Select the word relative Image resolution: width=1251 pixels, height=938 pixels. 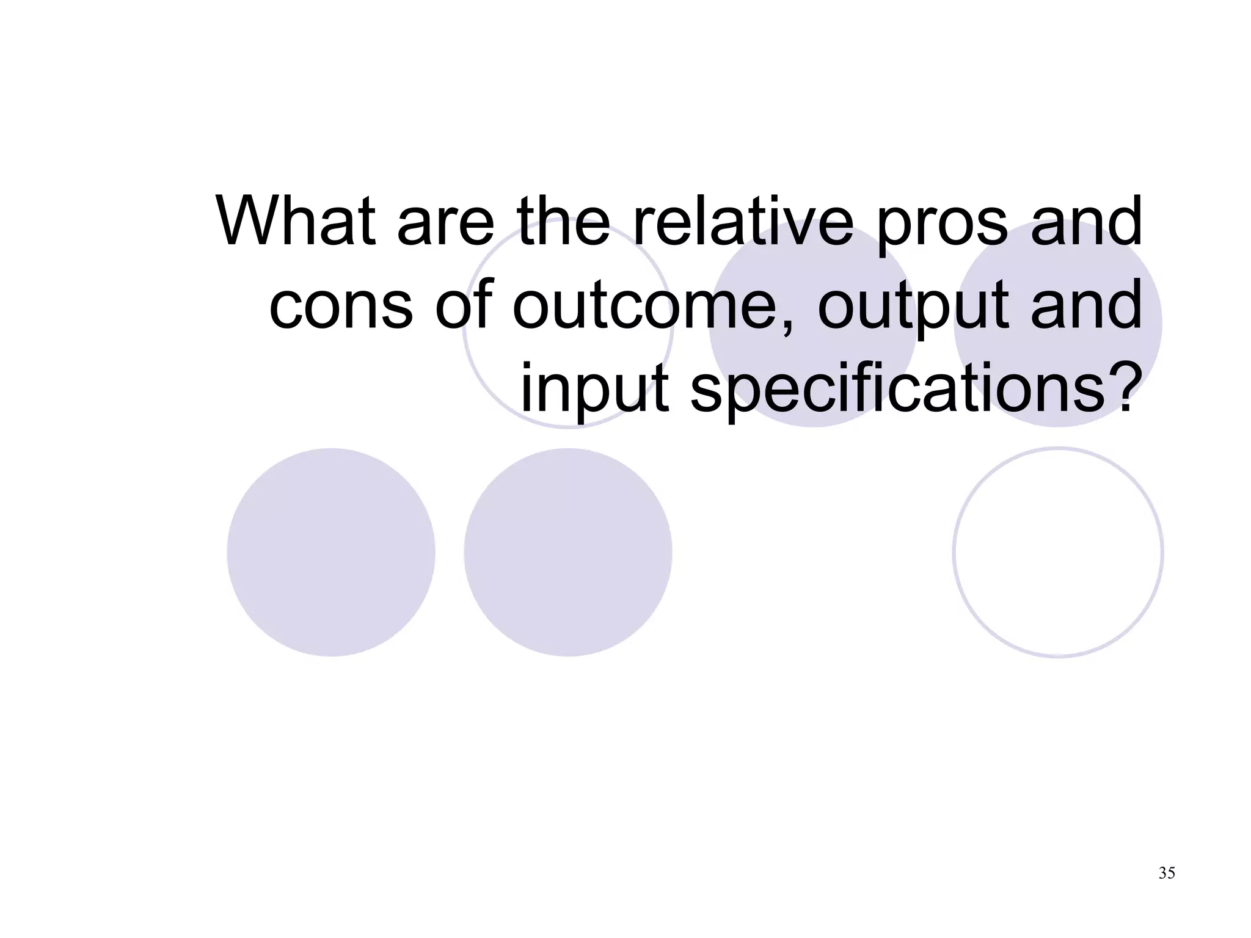point(743,221)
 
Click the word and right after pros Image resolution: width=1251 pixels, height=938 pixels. point(1086,221)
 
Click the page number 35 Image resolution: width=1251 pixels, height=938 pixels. point(1166,873)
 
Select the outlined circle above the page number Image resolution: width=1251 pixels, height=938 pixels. point(1057,552)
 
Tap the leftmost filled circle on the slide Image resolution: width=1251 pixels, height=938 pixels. point(330,552)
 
